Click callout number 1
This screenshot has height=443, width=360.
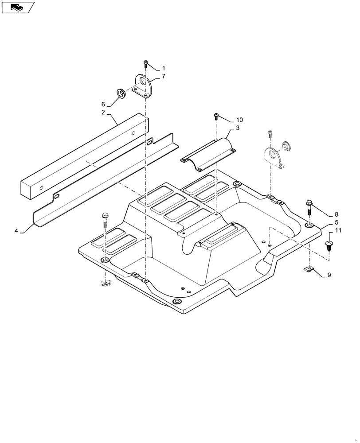click(x=163, y=69)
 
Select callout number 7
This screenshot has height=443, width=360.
click(x=163, y=77)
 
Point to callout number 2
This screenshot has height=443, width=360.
click(x=103, y=113)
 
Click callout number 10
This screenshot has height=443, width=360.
click(x=240, y=120)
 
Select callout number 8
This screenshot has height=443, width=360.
click(x=336, y=214)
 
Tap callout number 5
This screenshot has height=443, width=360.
click(x=336, y=222)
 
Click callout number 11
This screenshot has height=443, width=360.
click(x=338, y=230)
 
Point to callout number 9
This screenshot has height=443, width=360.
click(x=329, y=275)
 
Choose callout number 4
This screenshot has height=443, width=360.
click(x=16, y=231)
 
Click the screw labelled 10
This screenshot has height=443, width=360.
click(x=215, y=116)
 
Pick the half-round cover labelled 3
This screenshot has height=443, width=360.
click(x=208, y=153)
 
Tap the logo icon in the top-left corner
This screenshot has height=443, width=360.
click(x=18, y=7)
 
